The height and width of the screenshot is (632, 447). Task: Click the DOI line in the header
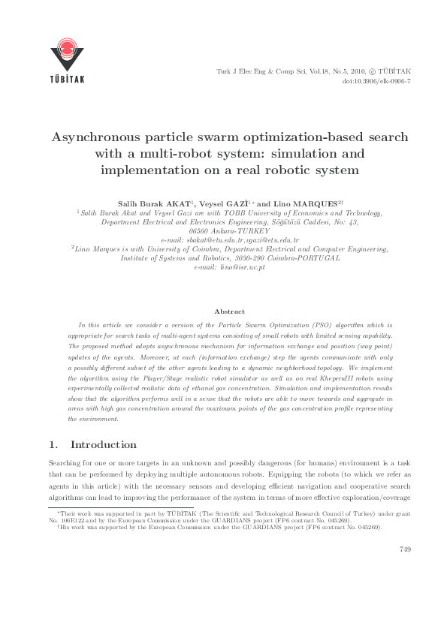click(x=376, y=80)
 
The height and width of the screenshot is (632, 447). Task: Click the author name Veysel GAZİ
click(x=227, y=203)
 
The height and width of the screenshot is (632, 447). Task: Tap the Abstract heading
click(x=229, y=311)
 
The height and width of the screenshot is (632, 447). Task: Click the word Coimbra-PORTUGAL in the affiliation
click(x=308, y=257)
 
